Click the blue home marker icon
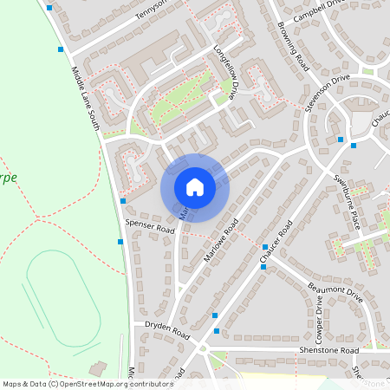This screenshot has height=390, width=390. click(x=195, y=187)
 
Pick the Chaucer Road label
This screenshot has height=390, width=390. click(x=276, y=239)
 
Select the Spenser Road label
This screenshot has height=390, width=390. click(x=149, y=227)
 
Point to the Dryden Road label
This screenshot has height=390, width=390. click(x=168, y=332)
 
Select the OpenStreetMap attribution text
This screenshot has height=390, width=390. click(x=87, y=383)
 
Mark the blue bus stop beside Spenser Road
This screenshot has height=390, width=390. click(x=123, y=201)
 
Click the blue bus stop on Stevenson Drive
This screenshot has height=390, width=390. click(x=341, y=139)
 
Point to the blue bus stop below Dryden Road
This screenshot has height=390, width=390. click(x=216, y=330)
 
